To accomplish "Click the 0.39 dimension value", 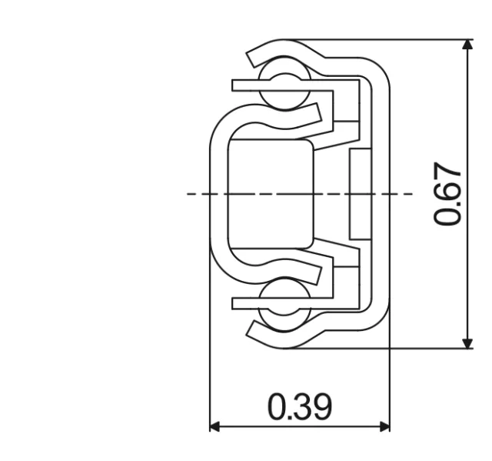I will click(300, 406).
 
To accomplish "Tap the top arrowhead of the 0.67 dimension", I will click(467, 45).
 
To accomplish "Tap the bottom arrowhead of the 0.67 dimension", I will click(467, 342).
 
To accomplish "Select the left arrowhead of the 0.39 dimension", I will click(216, 426).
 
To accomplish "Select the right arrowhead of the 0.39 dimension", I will click(384, 426).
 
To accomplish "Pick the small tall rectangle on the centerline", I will click(359, 194).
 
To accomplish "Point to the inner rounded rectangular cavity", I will click(271, 194).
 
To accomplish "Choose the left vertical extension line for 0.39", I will click(210, 369).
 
